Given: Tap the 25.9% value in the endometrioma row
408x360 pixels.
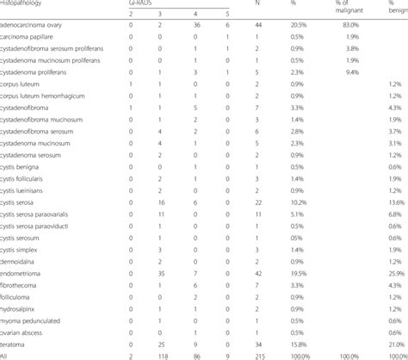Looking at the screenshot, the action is tap(396, 272).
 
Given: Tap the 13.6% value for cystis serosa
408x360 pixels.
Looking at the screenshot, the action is tap(396, 200).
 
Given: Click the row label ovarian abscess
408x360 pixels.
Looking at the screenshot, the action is tap(29, 330).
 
